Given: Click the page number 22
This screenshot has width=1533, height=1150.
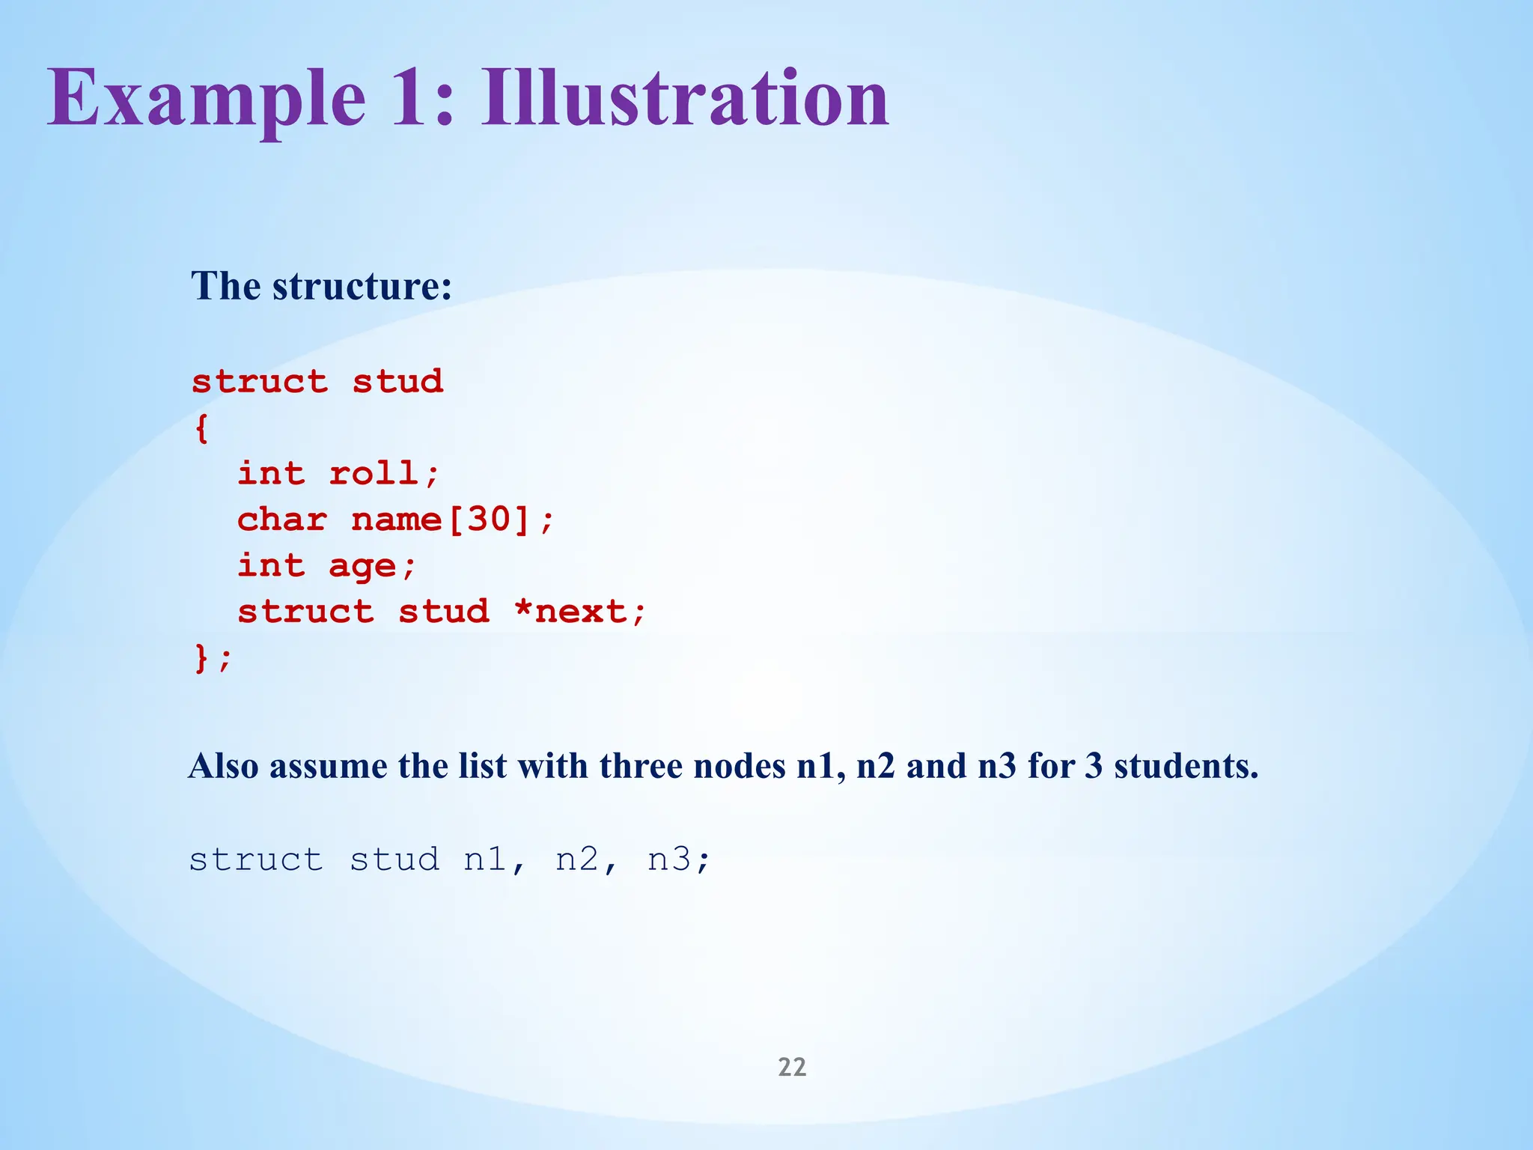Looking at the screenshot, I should (792, 1067).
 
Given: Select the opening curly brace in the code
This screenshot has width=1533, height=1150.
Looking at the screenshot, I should (201, 429).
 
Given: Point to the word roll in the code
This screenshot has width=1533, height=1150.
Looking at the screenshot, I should (374, 473).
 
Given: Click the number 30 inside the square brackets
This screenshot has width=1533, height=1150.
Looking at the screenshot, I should (489, 519).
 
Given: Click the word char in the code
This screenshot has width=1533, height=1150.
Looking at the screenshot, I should (282, 519).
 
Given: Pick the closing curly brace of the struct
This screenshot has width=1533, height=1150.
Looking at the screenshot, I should (201, 658).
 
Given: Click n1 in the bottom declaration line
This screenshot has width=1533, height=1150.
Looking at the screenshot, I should (486, 859).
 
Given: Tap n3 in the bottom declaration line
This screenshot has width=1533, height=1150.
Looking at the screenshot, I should (669, 859).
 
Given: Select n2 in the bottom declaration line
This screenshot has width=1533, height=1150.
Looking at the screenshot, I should (577, 859).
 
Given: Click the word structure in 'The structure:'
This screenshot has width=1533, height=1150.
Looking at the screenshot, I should (362, 286).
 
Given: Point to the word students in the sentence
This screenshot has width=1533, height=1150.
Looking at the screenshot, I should (1186, 766).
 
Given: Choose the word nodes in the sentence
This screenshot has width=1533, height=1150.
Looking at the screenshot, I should (739, 766).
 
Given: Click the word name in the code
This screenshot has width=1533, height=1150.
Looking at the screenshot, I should (396, 519).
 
